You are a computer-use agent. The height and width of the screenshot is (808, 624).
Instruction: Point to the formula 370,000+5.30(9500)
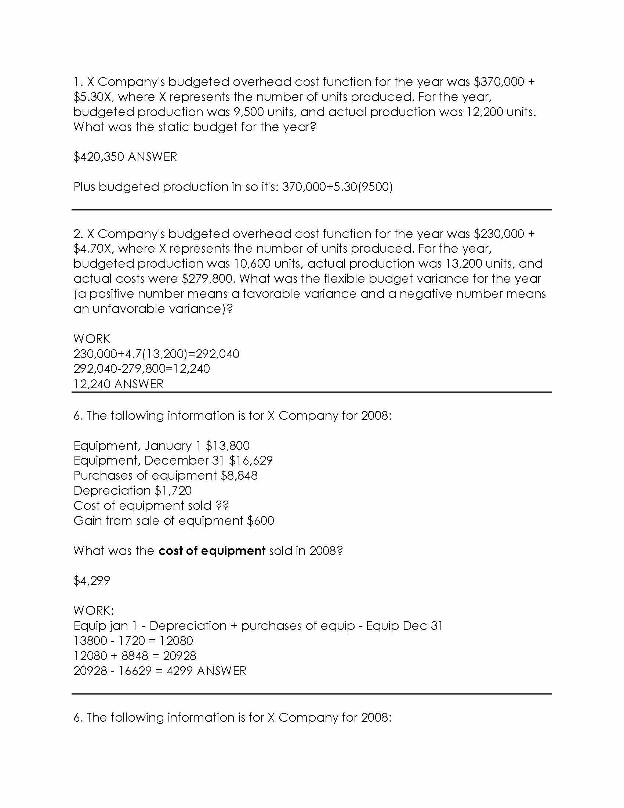tap(337, 187)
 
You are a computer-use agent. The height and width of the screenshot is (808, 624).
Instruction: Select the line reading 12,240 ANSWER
tap(118, 384)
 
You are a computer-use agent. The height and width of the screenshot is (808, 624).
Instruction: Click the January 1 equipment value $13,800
tap(227, 446)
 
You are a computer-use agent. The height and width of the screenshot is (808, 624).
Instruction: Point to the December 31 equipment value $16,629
tap(251, 461)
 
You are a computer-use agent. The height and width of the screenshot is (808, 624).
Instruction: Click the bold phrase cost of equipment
tap(211, 551)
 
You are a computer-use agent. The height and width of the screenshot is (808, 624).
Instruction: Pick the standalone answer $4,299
tap(92, 580)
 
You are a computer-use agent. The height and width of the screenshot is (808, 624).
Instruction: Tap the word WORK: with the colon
tap(94, 610)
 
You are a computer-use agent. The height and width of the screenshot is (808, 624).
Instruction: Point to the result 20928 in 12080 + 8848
tap(179, 656)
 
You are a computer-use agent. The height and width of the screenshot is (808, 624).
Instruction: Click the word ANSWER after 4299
tap(221, 671)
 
